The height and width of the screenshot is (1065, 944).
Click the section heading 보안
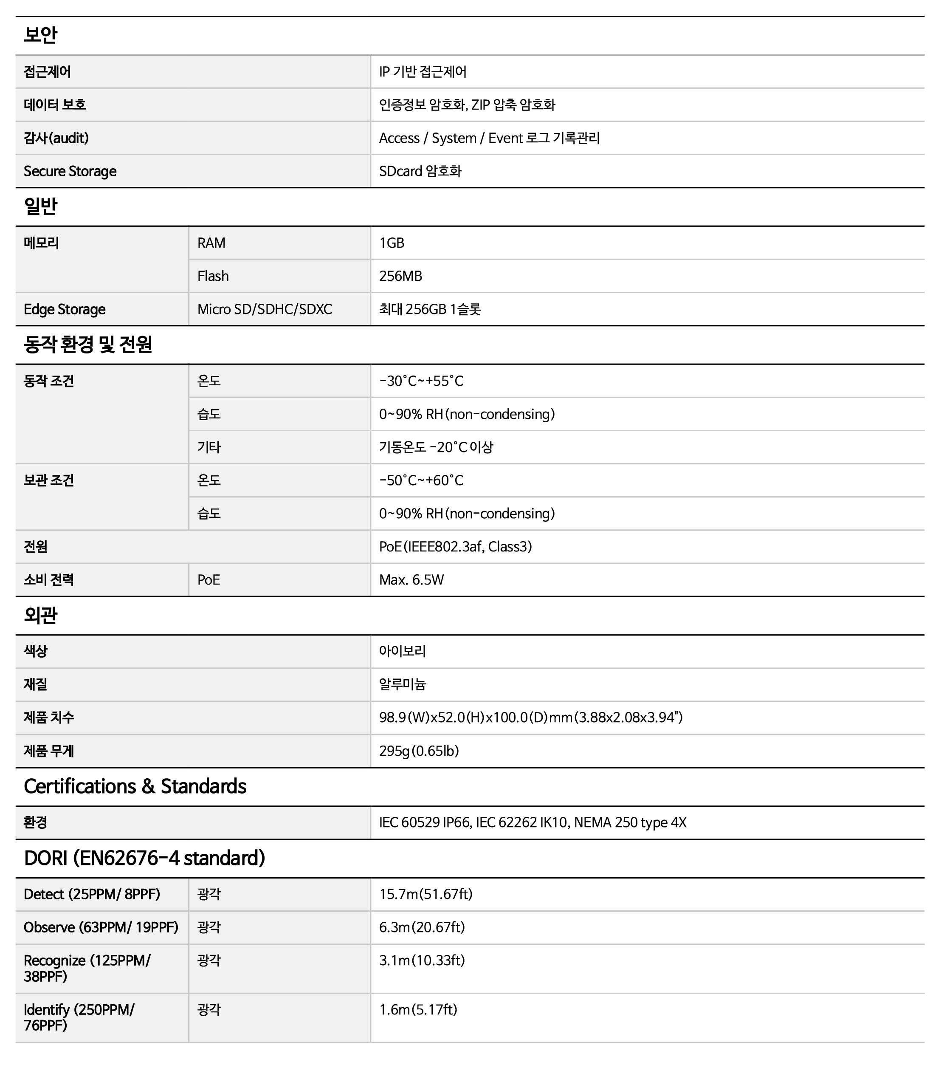tap(41, 35)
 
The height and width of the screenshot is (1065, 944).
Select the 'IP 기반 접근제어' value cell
tap(423, 71)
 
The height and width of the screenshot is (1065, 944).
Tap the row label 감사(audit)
tap(56, 138)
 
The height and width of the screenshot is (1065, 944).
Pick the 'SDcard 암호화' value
tap(420, 172)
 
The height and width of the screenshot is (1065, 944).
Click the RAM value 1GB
tap(392, 243)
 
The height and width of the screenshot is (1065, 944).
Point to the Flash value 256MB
tap(400, 276)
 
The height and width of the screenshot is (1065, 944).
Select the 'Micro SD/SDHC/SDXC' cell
tap(265, 310)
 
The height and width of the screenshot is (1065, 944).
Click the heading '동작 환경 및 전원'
tap(88, 345)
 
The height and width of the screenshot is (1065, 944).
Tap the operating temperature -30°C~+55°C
tap(421, 381)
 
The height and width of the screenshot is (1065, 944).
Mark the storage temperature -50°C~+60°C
tap(421, 480)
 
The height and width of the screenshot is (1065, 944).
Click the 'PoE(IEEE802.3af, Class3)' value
tap(455, 547)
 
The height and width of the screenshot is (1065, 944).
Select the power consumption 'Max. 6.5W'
tap(411, 580)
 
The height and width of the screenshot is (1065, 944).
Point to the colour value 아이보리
tap(402, 651)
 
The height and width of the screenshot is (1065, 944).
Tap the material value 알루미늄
tap(402, 685)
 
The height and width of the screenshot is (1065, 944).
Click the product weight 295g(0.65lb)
tap(419, 751)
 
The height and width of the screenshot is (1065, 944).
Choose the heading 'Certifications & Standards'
tap(135, 787)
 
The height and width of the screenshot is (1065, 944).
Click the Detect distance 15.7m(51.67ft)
tap(426, 895)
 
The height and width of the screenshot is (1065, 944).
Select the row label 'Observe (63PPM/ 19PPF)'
tap(101, 927)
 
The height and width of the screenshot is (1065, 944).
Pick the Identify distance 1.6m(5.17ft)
tap(418, 1010)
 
